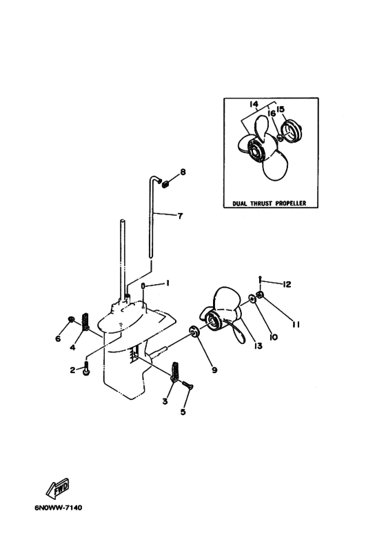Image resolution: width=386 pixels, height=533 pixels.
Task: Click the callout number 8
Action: [183, 172]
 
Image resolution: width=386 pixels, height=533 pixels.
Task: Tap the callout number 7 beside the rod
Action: [180, 216]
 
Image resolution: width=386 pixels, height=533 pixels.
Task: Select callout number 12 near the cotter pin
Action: [287, 284]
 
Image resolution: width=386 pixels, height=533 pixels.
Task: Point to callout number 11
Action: [296, 325]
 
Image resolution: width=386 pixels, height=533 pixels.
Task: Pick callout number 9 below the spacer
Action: [214, 370]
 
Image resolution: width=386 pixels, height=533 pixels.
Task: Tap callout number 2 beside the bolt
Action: [72, 370]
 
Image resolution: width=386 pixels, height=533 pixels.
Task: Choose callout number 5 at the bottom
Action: [183, 412]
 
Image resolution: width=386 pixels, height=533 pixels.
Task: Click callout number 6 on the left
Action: [58, 339]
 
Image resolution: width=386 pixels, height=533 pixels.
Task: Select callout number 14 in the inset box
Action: [254, 103]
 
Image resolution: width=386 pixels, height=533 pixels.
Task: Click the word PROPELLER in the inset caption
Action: [290, 203]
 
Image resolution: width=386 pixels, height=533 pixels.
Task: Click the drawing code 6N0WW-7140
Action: [58, 508]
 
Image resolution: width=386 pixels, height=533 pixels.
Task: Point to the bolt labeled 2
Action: [85, 370]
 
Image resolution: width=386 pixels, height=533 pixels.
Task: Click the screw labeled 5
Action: [187, 385]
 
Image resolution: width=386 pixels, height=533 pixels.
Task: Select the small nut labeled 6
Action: [71, 319]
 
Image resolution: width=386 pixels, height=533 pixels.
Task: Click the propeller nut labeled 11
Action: [260, 294]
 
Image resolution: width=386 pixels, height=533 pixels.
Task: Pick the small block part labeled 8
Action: [165, 185]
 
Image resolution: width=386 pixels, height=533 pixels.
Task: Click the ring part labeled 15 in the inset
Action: [292, 132]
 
